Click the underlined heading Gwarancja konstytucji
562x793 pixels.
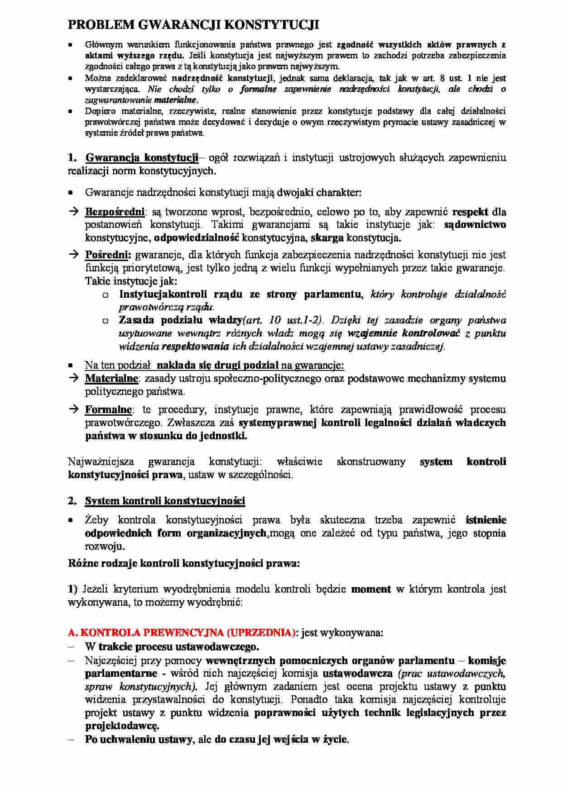[x=141, y=157]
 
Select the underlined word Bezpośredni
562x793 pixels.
[x=115, y=212]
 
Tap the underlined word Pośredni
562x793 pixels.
[x=108, y=255]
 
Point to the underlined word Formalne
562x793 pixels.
[x=108, y=410]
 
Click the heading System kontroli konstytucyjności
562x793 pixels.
[x=165, y=501]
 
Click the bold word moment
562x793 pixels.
[x=371, y=589]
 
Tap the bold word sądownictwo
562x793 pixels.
[x=475, y=224]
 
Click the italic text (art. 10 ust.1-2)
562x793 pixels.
[x=283, y=320]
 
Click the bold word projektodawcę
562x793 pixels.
[x=122, y=726]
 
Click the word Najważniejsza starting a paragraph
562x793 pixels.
[x=101, y=461]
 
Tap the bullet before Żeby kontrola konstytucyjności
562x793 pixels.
[x=71, y=520]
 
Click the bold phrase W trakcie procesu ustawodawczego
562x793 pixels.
[x=172, y=646]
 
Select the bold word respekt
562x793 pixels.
[x=470, y=212]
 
